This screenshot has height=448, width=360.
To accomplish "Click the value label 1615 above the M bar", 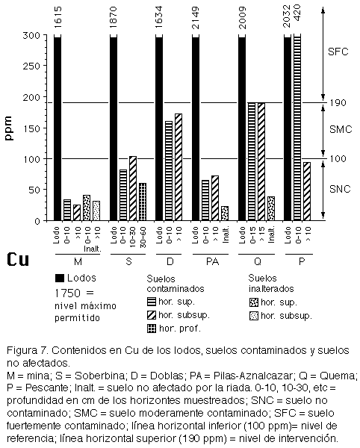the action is point(58,17).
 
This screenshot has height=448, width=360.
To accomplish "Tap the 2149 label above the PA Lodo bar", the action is point(196,18).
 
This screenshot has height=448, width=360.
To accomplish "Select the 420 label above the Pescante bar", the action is point(297,13).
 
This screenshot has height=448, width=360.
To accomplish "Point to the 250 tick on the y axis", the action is point(31,66).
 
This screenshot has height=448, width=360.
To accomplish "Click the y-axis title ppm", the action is point(9,128).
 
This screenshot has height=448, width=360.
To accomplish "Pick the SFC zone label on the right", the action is point(338,52).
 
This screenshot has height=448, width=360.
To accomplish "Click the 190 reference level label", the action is point(338,102).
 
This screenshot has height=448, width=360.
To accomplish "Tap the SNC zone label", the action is point(340,189).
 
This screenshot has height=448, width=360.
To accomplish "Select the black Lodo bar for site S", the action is point(114,128).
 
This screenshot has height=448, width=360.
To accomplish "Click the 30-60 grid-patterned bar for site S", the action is point(143,202).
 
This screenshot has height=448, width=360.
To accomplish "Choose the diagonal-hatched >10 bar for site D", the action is point(179,167).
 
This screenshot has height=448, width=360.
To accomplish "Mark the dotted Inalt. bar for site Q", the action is point(271,208).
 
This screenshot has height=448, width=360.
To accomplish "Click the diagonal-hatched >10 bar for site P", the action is point(307,191).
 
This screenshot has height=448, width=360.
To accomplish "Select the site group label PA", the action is point(212,261).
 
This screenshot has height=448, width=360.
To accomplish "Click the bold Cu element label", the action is point(18,259).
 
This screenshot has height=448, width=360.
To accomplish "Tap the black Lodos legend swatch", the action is point(60,278).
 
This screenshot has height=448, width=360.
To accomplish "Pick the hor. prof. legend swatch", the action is point(152,329).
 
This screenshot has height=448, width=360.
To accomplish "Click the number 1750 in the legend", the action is point(68,293).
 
